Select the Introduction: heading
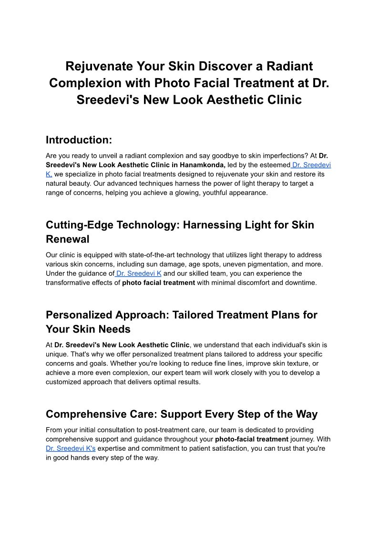pos(79,140)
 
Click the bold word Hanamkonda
pos(203,165)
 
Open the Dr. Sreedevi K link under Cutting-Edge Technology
pos(138,273)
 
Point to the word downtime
pos(301,283)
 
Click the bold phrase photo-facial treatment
pos(252,439)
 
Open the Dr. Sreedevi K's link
pos(71,448)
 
